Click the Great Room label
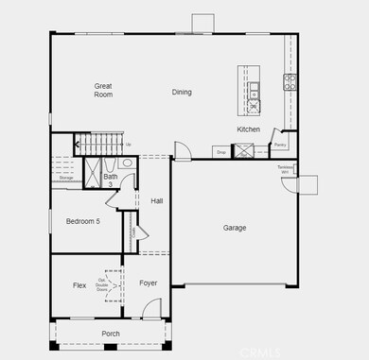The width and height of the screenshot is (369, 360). click(x=103, y=91)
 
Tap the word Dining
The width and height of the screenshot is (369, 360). click(x=182, y=92)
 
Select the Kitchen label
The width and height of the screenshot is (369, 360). click(x=249, y=129)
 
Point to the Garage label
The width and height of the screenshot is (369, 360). click(x=235, y=228)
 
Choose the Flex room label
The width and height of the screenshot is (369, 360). click(x=79, y=284)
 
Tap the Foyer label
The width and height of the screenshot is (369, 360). click(x=148, y=283)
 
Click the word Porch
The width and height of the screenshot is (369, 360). click(x=111, y=334)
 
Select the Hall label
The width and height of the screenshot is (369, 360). click(x=157, y=200)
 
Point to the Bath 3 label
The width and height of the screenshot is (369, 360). click(x=111, y=180)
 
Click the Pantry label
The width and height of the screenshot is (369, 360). click(x=280, y=146)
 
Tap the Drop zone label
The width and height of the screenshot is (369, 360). click(x=220, y=151)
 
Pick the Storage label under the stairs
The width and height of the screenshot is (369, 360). click(x=66, y=177)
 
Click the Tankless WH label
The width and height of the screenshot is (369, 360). click(x=284, y=169)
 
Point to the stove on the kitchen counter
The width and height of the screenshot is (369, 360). click(x=289, y=81)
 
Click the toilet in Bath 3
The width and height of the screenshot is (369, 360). click(x=127, y=163)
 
